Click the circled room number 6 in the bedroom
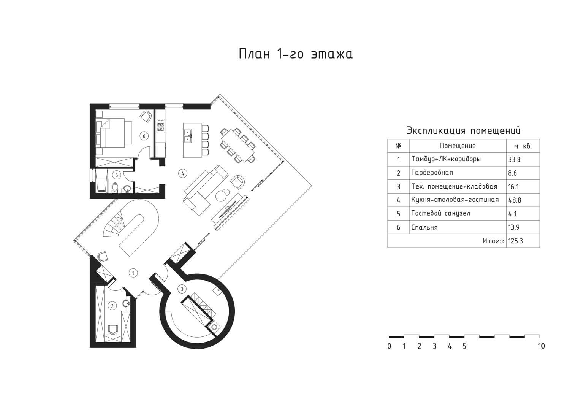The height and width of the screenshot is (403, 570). pyautogui.click(x=144, y=136)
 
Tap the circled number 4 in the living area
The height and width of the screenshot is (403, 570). pyautogui.click(x=183, y=174)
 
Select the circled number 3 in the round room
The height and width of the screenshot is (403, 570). pyautogui.click(x=182, y=289)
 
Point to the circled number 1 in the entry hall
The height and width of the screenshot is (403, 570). pyautogui.click(x=133, y=273)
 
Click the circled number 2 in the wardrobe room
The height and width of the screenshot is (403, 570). pyautogui.click(x=112, y=306)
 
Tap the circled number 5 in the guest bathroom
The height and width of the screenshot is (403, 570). pyautogui.click(x=117, y=175)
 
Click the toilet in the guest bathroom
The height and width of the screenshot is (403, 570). pyautogui.click(x=115, y=187)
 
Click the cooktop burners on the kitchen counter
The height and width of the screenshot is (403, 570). pyautogui.click(x=161, y=127)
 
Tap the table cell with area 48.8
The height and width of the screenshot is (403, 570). pyautogui.click(x=523, y=200)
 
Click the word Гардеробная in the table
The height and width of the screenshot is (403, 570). pyautogui.click(x=432, y=173)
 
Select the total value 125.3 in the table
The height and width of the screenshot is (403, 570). pyautogui.click(x=516, y=241)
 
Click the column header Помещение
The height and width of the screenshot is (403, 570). pyautogui.click(x=458, y=146)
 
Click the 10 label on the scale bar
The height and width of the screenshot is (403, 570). pyautogui.click(x=541, y=346)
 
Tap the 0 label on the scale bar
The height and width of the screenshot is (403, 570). pyautogui.click(x=389, y=346)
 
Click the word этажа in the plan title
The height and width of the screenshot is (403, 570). pyautogui.click(x=332, y=54)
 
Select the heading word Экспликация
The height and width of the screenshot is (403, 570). pyautogui.click(x=436, y=130)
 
